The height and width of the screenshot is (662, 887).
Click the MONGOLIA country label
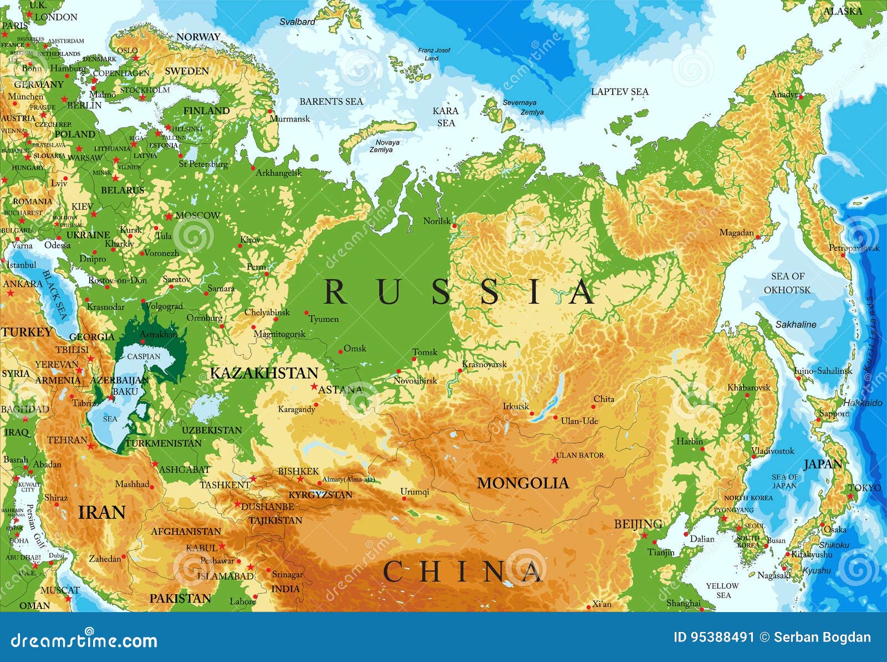(523, 483)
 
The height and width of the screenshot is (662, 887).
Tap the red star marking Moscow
(169, 216)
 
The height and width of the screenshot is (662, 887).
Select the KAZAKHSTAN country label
(264, 373)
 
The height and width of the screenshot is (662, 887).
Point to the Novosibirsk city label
(415, 381)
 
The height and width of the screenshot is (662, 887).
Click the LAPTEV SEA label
(619, 91)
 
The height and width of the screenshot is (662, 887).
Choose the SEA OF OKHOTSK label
(787, 283)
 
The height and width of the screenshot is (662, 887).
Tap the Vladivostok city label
(773, 451)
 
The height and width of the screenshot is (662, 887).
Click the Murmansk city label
(289, 119)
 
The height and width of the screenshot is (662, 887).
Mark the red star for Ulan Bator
(554, 460)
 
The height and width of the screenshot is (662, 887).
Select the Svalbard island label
(297, 22)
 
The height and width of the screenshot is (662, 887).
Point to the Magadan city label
(736, 233)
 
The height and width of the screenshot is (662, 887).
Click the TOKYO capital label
(864, 487)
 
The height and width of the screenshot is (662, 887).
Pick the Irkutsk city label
(516, 406)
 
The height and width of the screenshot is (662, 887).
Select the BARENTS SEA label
(331, 101)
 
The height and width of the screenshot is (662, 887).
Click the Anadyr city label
(784, 94)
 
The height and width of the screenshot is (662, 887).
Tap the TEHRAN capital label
(67, 440)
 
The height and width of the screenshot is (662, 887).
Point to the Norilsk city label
(437, 221)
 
